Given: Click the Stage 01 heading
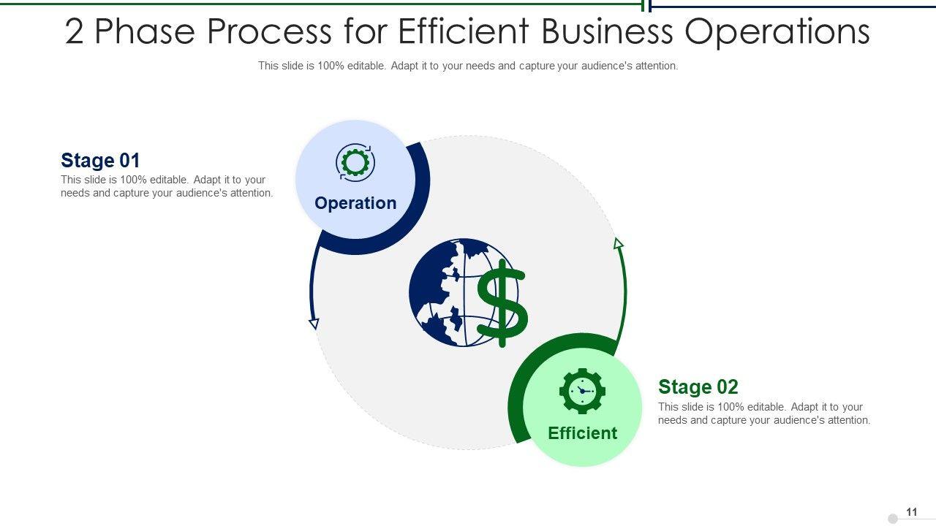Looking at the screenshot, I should (x=100, y=161).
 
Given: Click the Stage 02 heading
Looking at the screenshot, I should (x=698, y=387).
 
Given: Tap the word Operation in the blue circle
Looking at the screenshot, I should (x=355, y=203).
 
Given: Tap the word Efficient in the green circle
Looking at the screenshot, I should (x=583, y=433).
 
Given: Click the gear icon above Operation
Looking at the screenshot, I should (x=355, y=162).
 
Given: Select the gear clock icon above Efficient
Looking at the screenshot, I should (x=582, y=391).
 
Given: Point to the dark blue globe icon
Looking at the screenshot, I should (x=442, y=292).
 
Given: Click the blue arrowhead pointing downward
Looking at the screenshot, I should (x=314, y=323).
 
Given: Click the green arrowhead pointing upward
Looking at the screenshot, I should (x=619, y=243).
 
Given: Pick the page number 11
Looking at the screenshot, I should (x=912, y=512).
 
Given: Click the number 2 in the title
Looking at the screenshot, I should (x=75, y=32).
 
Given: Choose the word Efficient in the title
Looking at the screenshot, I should (x=463, y=32).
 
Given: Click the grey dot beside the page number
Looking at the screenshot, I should (x=893, y=519).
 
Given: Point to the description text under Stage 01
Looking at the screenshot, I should (x=167, y=186).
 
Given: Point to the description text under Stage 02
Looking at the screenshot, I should (x=764, y=413).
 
